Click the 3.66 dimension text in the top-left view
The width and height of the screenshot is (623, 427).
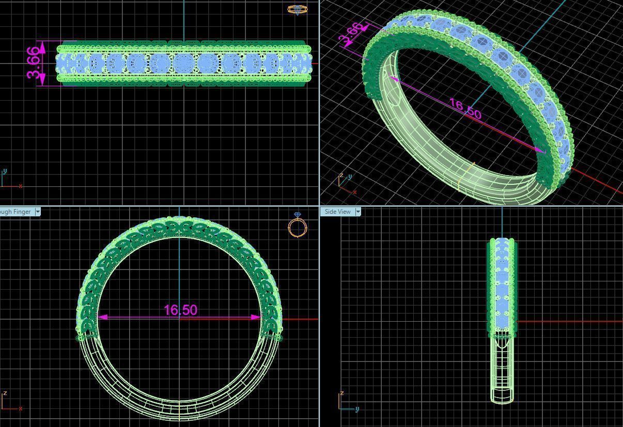tap(33, 64)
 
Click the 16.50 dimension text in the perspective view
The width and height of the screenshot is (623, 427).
tap(465, 108)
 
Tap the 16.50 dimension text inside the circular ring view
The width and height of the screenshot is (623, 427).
tap(180, 310)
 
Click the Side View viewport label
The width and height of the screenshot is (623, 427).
tap(337, 212)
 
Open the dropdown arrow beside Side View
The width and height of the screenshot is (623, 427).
tap(359, 212)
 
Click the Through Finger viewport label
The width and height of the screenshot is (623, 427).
tap(15, 212)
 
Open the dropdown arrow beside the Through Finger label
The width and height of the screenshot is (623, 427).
tap(38, 212)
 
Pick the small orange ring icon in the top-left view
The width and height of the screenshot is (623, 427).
tap(297, 9)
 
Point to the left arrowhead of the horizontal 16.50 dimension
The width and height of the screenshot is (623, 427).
tap(102, 317)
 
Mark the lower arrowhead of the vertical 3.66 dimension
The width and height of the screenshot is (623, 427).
tap(42, 79)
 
